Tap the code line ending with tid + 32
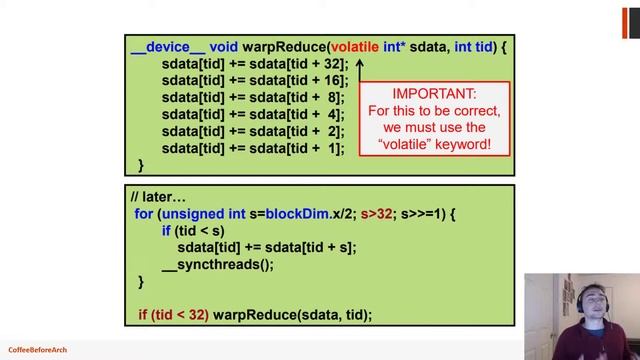[252, 64]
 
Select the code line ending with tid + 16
[252, 81]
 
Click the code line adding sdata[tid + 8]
[252, 98]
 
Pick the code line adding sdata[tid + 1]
[252, 149]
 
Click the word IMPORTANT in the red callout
[435, 92]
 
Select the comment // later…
[158, 196]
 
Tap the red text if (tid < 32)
[173, 315]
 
